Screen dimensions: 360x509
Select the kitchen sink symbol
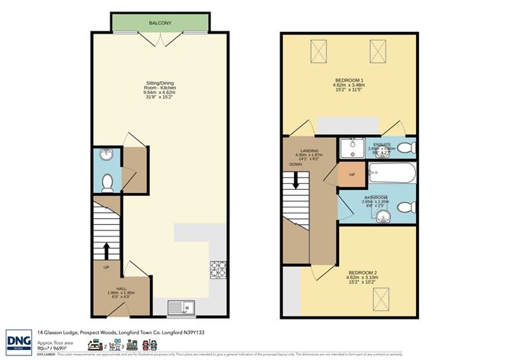tap(183, 307)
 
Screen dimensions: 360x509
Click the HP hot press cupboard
tap(352, 175)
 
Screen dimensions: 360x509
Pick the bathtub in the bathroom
tap(392, 174)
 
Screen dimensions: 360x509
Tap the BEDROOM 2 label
tap(362, 272)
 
